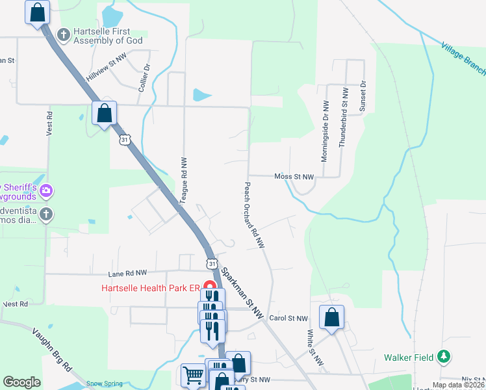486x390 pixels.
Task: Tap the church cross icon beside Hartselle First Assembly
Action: (64, 34)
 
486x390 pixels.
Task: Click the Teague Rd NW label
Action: (184, 181)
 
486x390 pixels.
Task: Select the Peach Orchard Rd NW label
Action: (254, 214)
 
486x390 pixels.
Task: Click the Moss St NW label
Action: (294, 176)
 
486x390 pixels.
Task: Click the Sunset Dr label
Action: (363, 96)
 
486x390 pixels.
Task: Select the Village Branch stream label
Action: (463, 55)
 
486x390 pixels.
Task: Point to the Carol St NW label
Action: (288, 318)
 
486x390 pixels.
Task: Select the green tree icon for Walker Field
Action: (444, 356)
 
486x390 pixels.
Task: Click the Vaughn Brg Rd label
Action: (51, 350)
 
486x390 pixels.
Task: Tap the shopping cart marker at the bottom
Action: (193, 375)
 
